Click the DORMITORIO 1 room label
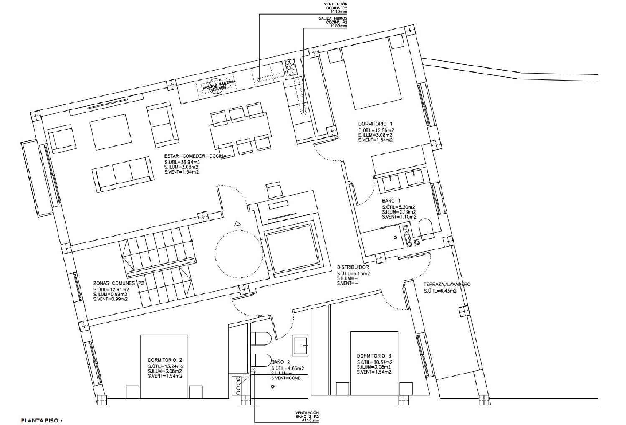coord(376,124)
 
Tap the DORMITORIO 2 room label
coord(165,360)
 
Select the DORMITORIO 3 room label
coord(374,356)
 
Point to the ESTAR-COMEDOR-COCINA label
coord(195,156)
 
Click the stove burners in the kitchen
coord(291,65)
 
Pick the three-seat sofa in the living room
coord(122,175)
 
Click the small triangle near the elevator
coord(237,224)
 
